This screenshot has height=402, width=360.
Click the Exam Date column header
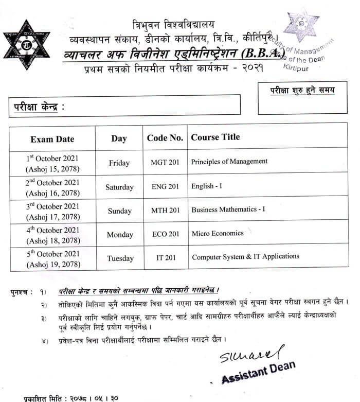[x=52, y=139]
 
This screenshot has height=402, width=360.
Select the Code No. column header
[x=165, y=138]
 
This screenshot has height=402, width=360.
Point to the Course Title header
[x=215, y=137]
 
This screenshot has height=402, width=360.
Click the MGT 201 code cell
[x=165, y=163]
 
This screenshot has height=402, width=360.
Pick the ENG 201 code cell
[x=165, y=187]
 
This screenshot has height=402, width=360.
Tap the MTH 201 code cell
[x=165, y=211]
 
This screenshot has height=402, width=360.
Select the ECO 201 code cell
[x=165, y=234]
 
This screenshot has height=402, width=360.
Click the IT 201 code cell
[x=165, y=257]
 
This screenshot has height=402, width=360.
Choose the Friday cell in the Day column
[x=119, y=163]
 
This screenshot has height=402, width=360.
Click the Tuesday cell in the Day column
[x=119, y=258]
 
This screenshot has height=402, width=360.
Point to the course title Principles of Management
[x=229, y=162]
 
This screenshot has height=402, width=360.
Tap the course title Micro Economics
[x=218, y=233]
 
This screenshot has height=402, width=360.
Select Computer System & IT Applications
[x=245, y=256]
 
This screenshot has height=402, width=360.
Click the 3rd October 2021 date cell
[x=52, y=211]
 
